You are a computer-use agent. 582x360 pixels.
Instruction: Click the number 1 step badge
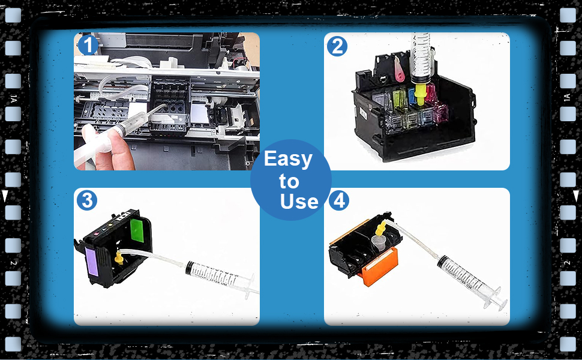88,45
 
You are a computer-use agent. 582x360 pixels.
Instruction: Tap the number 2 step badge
338,46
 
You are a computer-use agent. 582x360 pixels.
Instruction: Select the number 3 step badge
88,200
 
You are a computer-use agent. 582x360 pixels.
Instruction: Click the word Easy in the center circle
288,159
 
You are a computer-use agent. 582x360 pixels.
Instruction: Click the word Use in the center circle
299,202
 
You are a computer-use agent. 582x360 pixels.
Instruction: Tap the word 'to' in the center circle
289,181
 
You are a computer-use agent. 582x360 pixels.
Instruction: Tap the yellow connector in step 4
380,227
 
